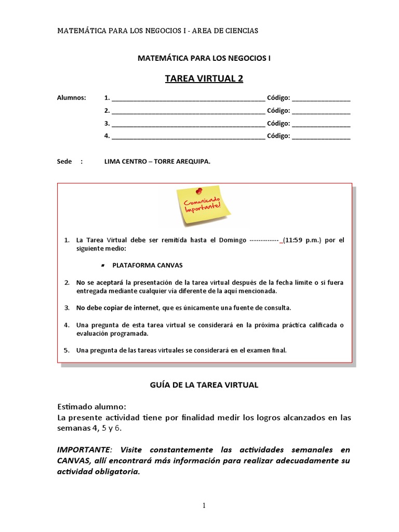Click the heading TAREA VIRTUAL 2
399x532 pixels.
[204, 78]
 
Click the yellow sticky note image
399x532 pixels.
[203, 207]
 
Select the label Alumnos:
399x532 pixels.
[72, 98]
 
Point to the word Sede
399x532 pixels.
[64, 162]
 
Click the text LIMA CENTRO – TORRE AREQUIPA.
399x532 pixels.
[157, 162]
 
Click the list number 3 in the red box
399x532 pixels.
[66, 308]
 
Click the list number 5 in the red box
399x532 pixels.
[66, 350]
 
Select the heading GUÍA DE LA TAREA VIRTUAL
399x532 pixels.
[204, 385]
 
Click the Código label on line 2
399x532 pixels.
[278, 111]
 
